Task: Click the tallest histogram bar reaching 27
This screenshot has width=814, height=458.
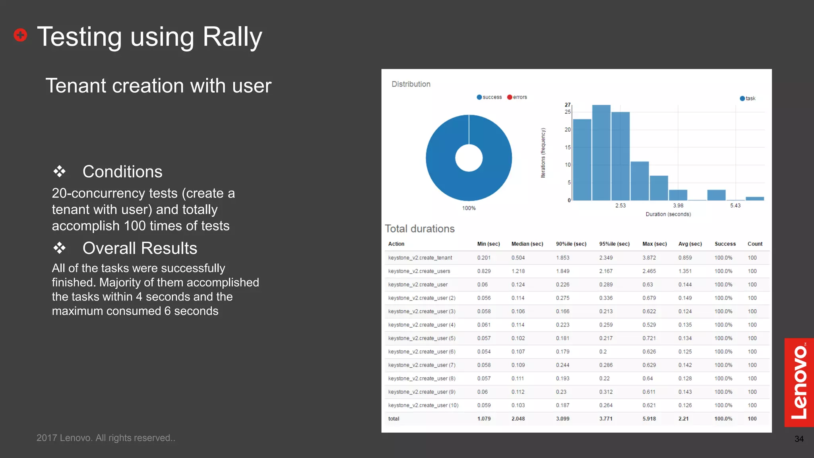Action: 601,153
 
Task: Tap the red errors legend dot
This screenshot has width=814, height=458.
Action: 510,97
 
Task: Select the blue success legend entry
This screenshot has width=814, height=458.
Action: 489,97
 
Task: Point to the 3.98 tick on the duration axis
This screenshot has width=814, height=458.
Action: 678,206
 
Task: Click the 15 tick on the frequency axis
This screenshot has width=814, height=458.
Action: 568,147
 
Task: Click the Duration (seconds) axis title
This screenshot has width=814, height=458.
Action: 668,214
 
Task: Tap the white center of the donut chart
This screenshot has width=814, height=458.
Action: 469,158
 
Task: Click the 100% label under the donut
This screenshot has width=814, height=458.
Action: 469,208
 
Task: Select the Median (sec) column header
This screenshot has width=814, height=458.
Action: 527,244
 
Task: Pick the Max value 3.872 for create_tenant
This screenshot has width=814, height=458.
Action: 649,258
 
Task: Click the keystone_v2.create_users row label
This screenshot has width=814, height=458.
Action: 419,271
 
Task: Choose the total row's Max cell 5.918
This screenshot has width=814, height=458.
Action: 649,419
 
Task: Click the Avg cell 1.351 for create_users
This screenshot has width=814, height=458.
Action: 685,271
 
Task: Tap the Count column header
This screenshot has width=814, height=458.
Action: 755,244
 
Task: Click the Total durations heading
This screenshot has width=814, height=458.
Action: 419,229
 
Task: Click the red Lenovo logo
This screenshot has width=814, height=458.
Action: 799,382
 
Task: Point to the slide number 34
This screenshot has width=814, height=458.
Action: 799,439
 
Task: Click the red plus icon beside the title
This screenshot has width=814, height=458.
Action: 20,35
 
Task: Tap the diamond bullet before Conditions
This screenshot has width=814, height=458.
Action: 60,171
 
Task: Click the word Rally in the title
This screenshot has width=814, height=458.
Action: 233,37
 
